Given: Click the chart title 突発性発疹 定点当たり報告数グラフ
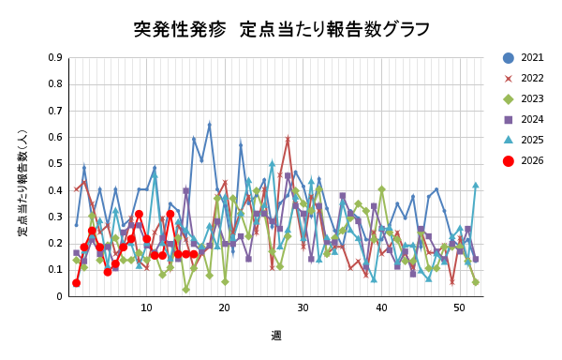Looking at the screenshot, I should coord(281,29).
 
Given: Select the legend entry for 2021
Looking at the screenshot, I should coord(525,57).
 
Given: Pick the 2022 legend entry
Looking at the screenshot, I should coord(525,78).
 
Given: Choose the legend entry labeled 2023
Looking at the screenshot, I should coord(525,98).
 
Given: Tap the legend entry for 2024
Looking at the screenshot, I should coord(525,119).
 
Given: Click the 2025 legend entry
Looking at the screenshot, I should coord(525,140).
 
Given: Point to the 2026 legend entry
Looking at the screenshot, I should coord(525,160).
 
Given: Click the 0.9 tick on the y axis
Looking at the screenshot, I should coord(55,57).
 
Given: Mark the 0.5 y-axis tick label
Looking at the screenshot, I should coord(55,163).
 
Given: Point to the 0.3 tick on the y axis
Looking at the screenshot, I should coord(55,217).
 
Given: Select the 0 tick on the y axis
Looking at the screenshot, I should coord(59,296).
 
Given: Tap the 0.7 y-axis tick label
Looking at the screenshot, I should coord(55,110).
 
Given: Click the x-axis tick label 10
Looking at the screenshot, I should coord(146,308).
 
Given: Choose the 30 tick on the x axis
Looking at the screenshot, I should coord(303,308).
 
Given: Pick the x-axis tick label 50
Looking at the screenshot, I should coord(459,308).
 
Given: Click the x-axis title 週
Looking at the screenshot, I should coord(276,335).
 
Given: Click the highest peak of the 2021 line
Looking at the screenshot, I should coord(209,124).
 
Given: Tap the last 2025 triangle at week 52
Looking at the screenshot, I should coord(475,185).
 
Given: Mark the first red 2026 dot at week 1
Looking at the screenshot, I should coord(76,282).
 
